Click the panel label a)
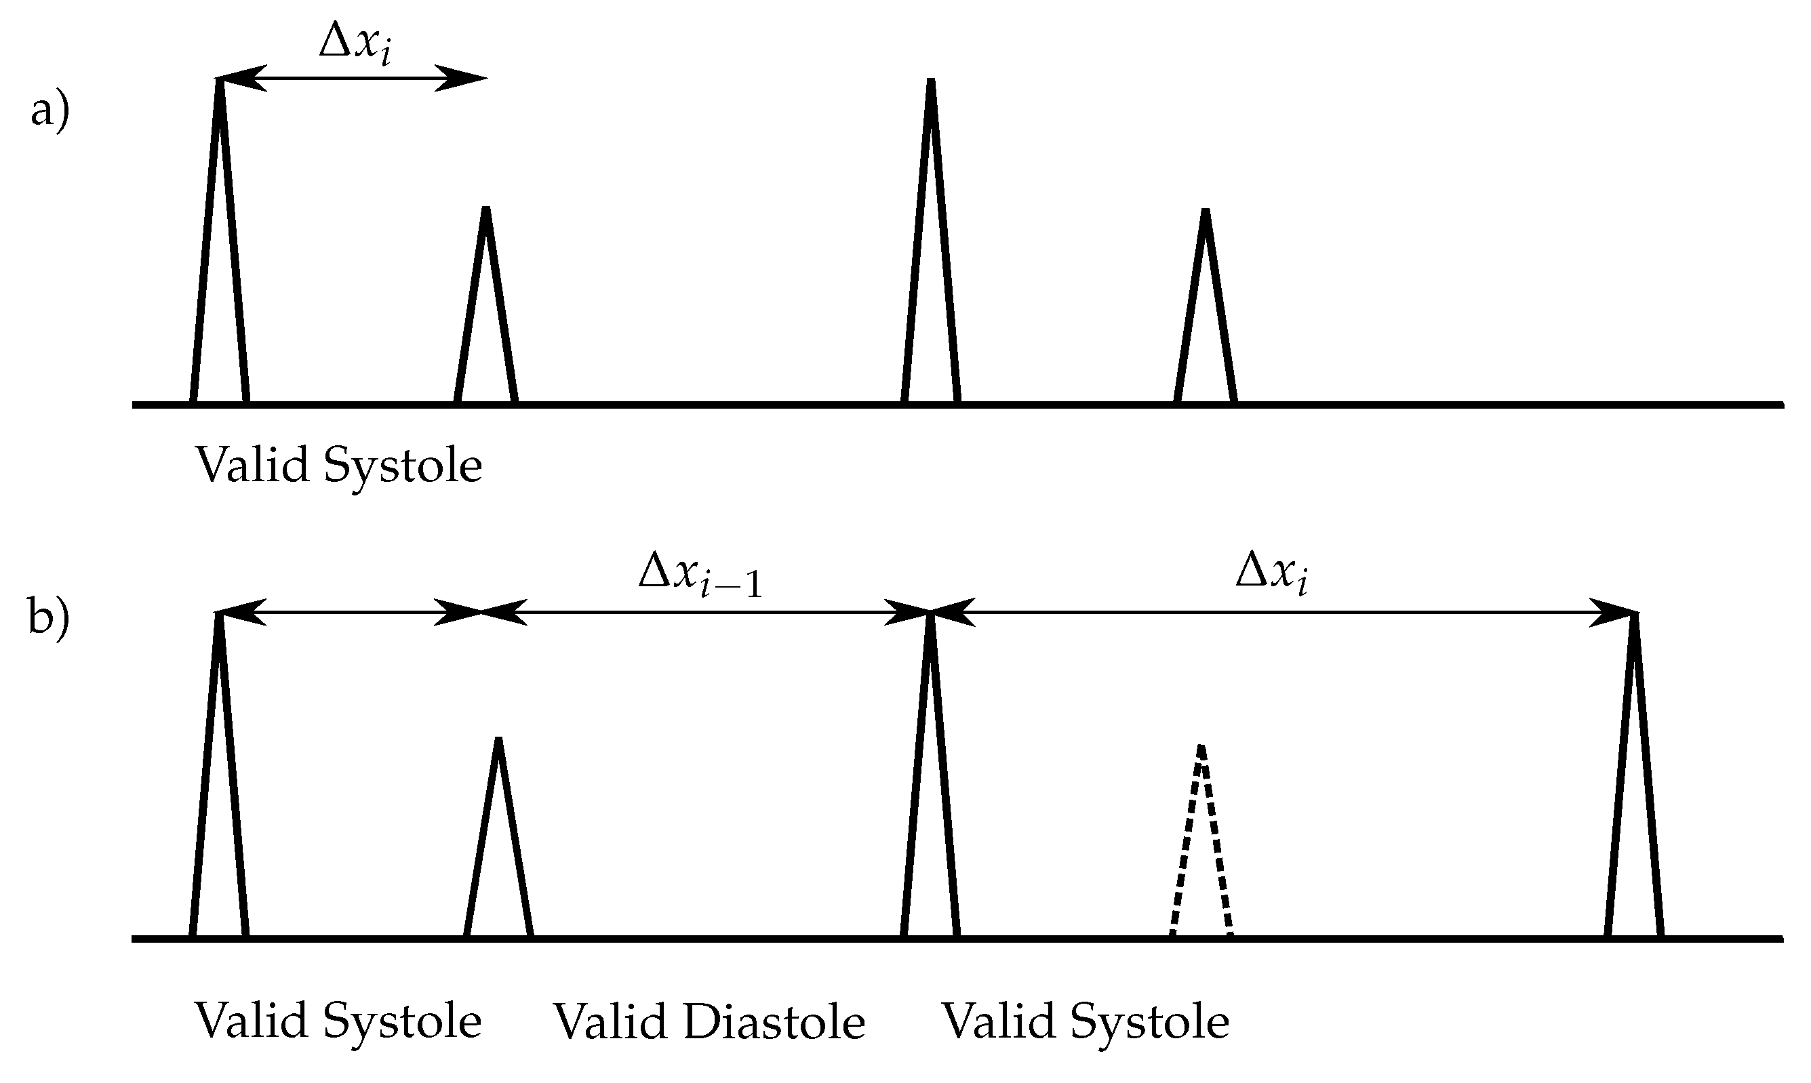(49, 113)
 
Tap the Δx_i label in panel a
(355, 44)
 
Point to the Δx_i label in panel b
(1271, 574)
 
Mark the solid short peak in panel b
(498, 839)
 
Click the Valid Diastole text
(708, 1022)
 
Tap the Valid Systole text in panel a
(338, 465)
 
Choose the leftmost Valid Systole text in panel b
(337, 1020)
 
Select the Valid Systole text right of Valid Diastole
(1086, 1022)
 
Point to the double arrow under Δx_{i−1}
(705, 612)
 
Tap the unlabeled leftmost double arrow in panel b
(349, 612)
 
